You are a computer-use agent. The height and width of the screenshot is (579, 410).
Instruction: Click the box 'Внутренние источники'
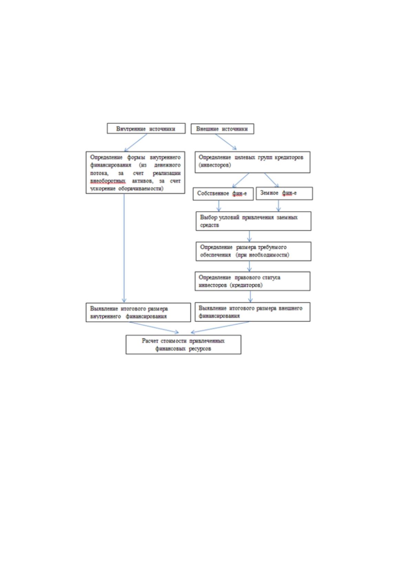[x=146, y=129]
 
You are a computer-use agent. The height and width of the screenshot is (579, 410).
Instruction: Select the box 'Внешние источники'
[x=222, y=129]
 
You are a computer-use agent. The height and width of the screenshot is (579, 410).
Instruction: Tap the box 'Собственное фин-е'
[x=223, y=194]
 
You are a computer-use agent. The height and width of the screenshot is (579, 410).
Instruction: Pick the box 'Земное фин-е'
[x=284, y=194]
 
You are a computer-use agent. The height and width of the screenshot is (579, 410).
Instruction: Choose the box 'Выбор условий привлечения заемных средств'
[x=253, y=221]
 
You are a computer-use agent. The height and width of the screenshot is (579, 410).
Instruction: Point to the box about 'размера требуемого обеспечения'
[x=253, y=251]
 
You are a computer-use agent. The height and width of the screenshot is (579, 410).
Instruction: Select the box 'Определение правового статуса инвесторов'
[x=252, y=281]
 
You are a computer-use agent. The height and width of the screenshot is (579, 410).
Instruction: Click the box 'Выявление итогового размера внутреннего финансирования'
[x=138, y=313]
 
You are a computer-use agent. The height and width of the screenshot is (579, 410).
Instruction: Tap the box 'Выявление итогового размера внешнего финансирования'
[x=252, y=312]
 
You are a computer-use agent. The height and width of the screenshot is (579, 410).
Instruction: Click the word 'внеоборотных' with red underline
[x=108, y=181]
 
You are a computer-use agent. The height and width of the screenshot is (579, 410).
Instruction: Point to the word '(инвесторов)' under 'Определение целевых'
[x=214, y=165]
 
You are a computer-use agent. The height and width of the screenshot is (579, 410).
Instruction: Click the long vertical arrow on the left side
[x=124, y=248]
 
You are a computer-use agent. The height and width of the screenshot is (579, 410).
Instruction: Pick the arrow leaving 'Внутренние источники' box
[x=136, y=142]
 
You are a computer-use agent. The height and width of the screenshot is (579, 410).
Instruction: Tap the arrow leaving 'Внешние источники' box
[x=226, y=142]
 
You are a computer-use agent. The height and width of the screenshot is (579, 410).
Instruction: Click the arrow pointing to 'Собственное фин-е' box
[x=241, y=180]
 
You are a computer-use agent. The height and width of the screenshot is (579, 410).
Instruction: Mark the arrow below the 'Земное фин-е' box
[x=278, y=206]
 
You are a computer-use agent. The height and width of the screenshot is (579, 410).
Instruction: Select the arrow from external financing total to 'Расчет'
[x=220, y=327]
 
